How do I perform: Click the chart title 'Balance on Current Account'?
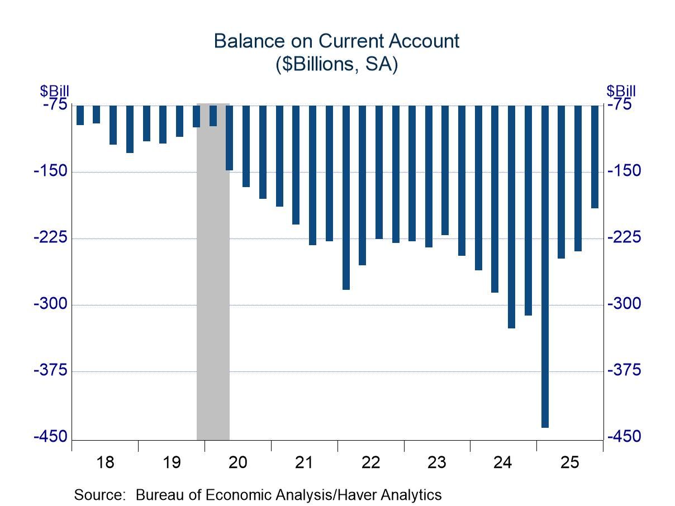click(336, 41)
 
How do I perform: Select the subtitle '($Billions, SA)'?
click(336, 64)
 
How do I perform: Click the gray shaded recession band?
click(213, 279)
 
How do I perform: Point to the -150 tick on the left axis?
click(51, 171)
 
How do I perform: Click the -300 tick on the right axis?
click(624, 304)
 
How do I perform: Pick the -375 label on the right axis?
click(624, 371)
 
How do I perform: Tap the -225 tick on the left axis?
click(51, 238)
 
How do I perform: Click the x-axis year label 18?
click(105, 462)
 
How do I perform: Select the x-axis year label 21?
click(304, 462)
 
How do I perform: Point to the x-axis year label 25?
click(569, 462)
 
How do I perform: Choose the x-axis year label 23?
click(436, 462)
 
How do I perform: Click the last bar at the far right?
click(595, 156)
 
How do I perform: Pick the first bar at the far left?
click(80, 115)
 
